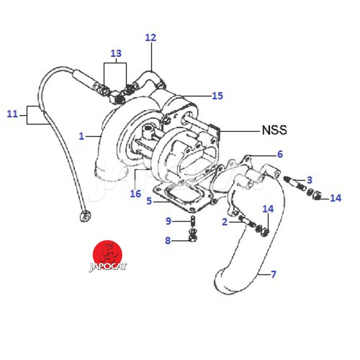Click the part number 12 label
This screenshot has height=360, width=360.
tap(150, 37)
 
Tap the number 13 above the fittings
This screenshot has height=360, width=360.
tap(116, 54)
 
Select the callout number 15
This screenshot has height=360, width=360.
tap(217, 96)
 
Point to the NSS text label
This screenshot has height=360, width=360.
tap(274, 130)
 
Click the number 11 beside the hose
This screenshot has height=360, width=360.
tap(13, 114)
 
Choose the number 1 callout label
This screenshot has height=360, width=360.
tap(81, 135)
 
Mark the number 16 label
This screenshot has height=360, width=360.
tap(135, 194)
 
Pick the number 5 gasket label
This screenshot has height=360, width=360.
tap(148, 201)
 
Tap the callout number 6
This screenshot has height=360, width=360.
tap(279, 154)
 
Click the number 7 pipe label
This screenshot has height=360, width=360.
tap(273, 274)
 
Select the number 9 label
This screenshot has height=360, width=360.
tap(168, 220)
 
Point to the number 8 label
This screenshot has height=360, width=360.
tap(168, 240)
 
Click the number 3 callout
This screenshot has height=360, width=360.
tap(309, 180)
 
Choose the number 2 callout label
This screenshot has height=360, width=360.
tap(224, 221)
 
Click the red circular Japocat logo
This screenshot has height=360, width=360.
tap(108, 253)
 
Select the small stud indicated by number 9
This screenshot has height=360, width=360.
tap(193, 221)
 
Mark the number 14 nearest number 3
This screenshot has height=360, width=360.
tap(336, 198)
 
